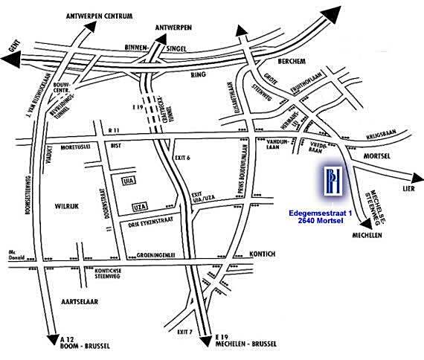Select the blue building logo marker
(x=329, y=183)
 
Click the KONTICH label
(x=262, y=254)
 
